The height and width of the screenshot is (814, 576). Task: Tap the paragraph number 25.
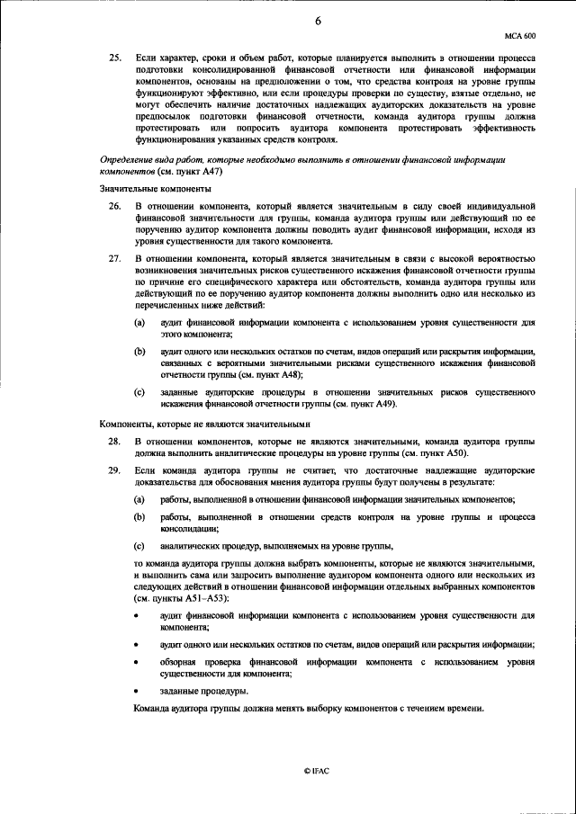point(114,58)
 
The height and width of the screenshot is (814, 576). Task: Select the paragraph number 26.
point(114,208)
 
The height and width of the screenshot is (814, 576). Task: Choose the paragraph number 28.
point(114,443)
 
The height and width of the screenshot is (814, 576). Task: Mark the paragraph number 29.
point(114,471)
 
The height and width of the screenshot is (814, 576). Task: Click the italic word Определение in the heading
point(129,159)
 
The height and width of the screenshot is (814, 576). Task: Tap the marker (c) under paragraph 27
point(139,392)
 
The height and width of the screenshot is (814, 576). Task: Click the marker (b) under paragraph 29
point(139,517)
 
